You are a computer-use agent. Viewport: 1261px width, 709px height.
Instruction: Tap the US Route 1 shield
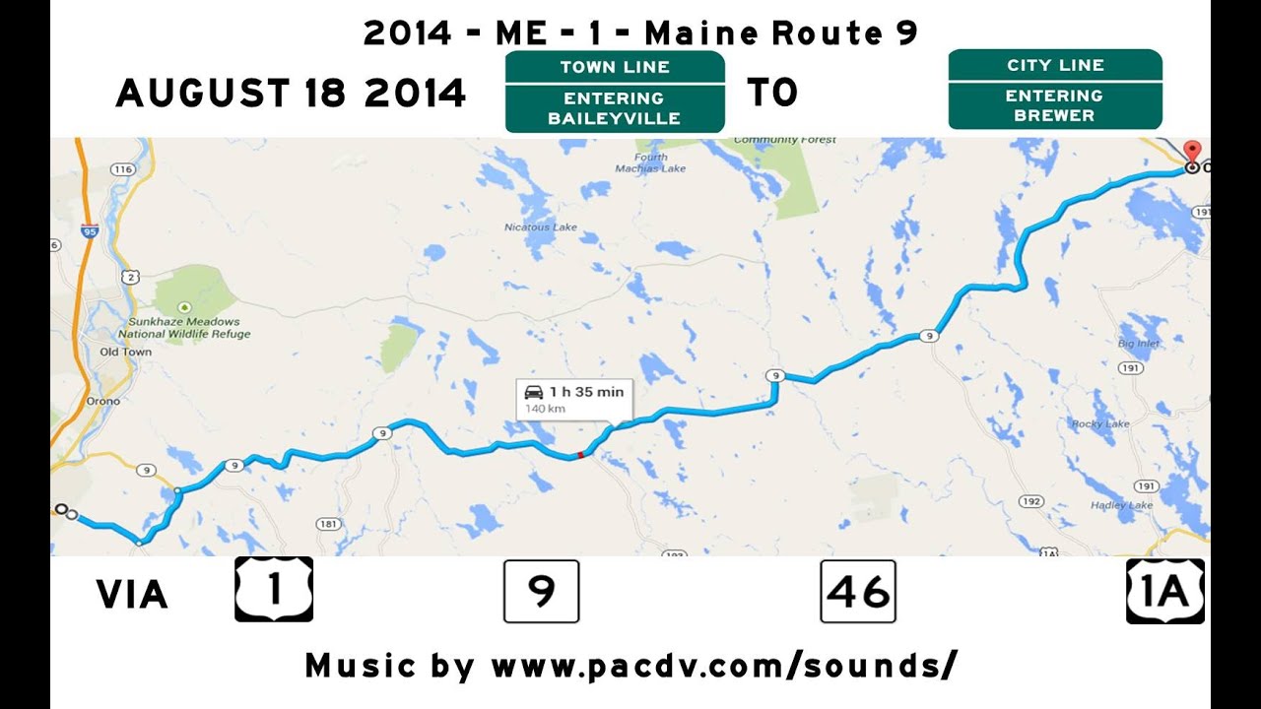[x=274, y=589]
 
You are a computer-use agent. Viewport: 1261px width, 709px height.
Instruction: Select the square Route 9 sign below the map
[x=541, y=591]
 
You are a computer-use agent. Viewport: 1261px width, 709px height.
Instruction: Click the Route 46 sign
[x=858, y=591]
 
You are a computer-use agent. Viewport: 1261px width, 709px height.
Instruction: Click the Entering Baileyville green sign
[x=615, y=93]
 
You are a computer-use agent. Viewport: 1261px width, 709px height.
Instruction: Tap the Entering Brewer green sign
[x=1055, y=90]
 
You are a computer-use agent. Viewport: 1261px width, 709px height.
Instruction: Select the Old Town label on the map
[x=126, y=352]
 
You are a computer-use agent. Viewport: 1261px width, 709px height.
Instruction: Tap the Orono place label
[x=102, y=401]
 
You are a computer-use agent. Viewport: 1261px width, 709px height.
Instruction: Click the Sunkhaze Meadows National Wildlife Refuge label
[x=184, y=328]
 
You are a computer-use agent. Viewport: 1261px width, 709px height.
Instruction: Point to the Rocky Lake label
[x=1100, y=424]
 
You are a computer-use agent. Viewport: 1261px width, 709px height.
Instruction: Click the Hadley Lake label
[x=1121, y=505]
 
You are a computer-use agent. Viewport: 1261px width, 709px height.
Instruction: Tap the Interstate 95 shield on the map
[x=92, y=231]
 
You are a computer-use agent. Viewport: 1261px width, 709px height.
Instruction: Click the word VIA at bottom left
[x=132, y=595]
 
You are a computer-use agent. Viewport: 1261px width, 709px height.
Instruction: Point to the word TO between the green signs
[x=772, y=94]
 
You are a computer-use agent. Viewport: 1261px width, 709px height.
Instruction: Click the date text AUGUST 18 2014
[x=291, y=94]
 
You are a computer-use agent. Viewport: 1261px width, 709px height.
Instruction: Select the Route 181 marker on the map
[x=328, y=524]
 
